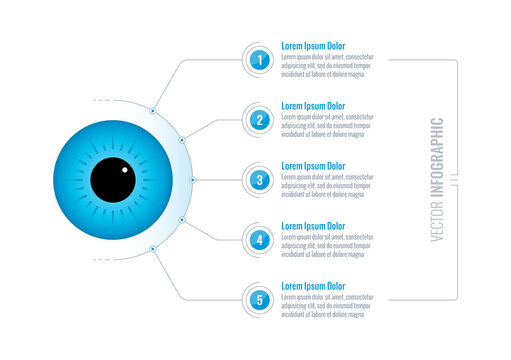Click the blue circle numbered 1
point(260,60)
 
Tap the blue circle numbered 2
point(260,120)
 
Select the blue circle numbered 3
point(260,180)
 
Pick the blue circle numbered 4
point(260,239)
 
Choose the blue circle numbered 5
point(260,298)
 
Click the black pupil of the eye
point(112,180)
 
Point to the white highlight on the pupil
point(125,168)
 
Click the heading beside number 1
point(312,46)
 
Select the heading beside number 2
point(312,106)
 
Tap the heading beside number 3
point(312,166)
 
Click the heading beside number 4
point(312,226)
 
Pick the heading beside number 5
point(312,286)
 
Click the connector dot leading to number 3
point(192,180)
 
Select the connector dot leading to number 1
point(152,111)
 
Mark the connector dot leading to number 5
point(152,249)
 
